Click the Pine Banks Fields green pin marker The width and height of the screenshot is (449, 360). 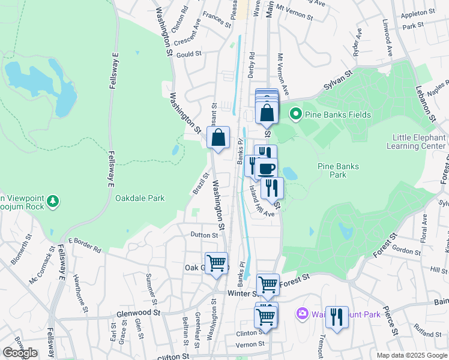pos(295,113)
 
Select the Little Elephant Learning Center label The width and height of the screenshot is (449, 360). pos(419,142)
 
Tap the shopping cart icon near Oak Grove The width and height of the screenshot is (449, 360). pos(216,262)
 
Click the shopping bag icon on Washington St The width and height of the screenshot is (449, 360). pos(218,137)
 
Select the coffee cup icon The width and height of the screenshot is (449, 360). pos(266,168)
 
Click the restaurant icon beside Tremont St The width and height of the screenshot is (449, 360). pos(337,316)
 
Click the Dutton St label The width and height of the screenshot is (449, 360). pos(204,235)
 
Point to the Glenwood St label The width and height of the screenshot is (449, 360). pos(139,313)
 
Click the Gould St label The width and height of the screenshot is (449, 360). pos(188,54)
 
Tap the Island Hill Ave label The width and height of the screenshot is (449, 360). pos(262,200)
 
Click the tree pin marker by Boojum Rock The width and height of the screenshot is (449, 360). pos(53,200)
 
